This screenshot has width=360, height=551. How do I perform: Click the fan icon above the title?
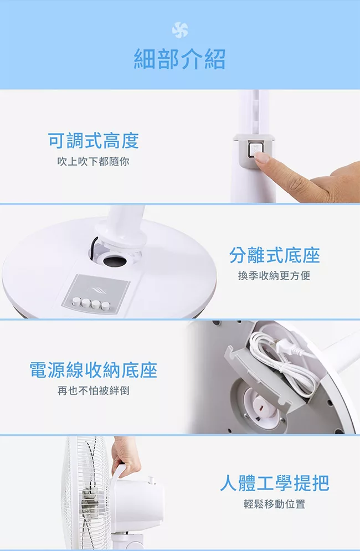click(179, 30)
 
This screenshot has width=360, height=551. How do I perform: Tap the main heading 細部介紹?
click(179, 59)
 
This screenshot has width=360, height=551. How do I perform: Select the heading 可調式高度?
click(94, 141)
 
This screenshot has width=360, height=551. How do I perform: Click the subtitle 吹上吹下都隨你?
click(93, 161)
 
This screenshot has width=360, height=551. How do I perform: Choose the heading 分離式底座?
click(274, 255)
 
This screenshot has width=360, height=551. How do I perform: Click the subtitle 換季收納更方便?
click(274, 276)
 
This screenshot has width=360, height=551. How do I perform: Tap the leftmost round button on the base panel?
click(76, 301)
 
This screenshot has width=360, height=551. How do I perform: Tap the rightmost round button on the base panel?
click(105, 306)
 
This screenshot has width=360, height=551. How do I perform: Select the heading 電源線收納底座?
click(93, 370)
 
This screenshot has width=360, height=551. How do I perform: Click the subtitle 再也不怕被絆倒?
click(94, 390)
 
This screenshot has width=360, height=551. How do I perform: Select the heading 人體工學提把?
click(275, 483)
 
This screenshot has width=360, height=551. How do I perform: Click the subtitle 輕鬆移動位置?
click(274, 504)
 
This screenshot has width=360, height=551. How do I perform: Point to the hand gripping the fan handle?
click(125, 457)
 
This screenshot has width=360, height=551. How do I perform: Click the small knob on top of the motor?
click(152, 480)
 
